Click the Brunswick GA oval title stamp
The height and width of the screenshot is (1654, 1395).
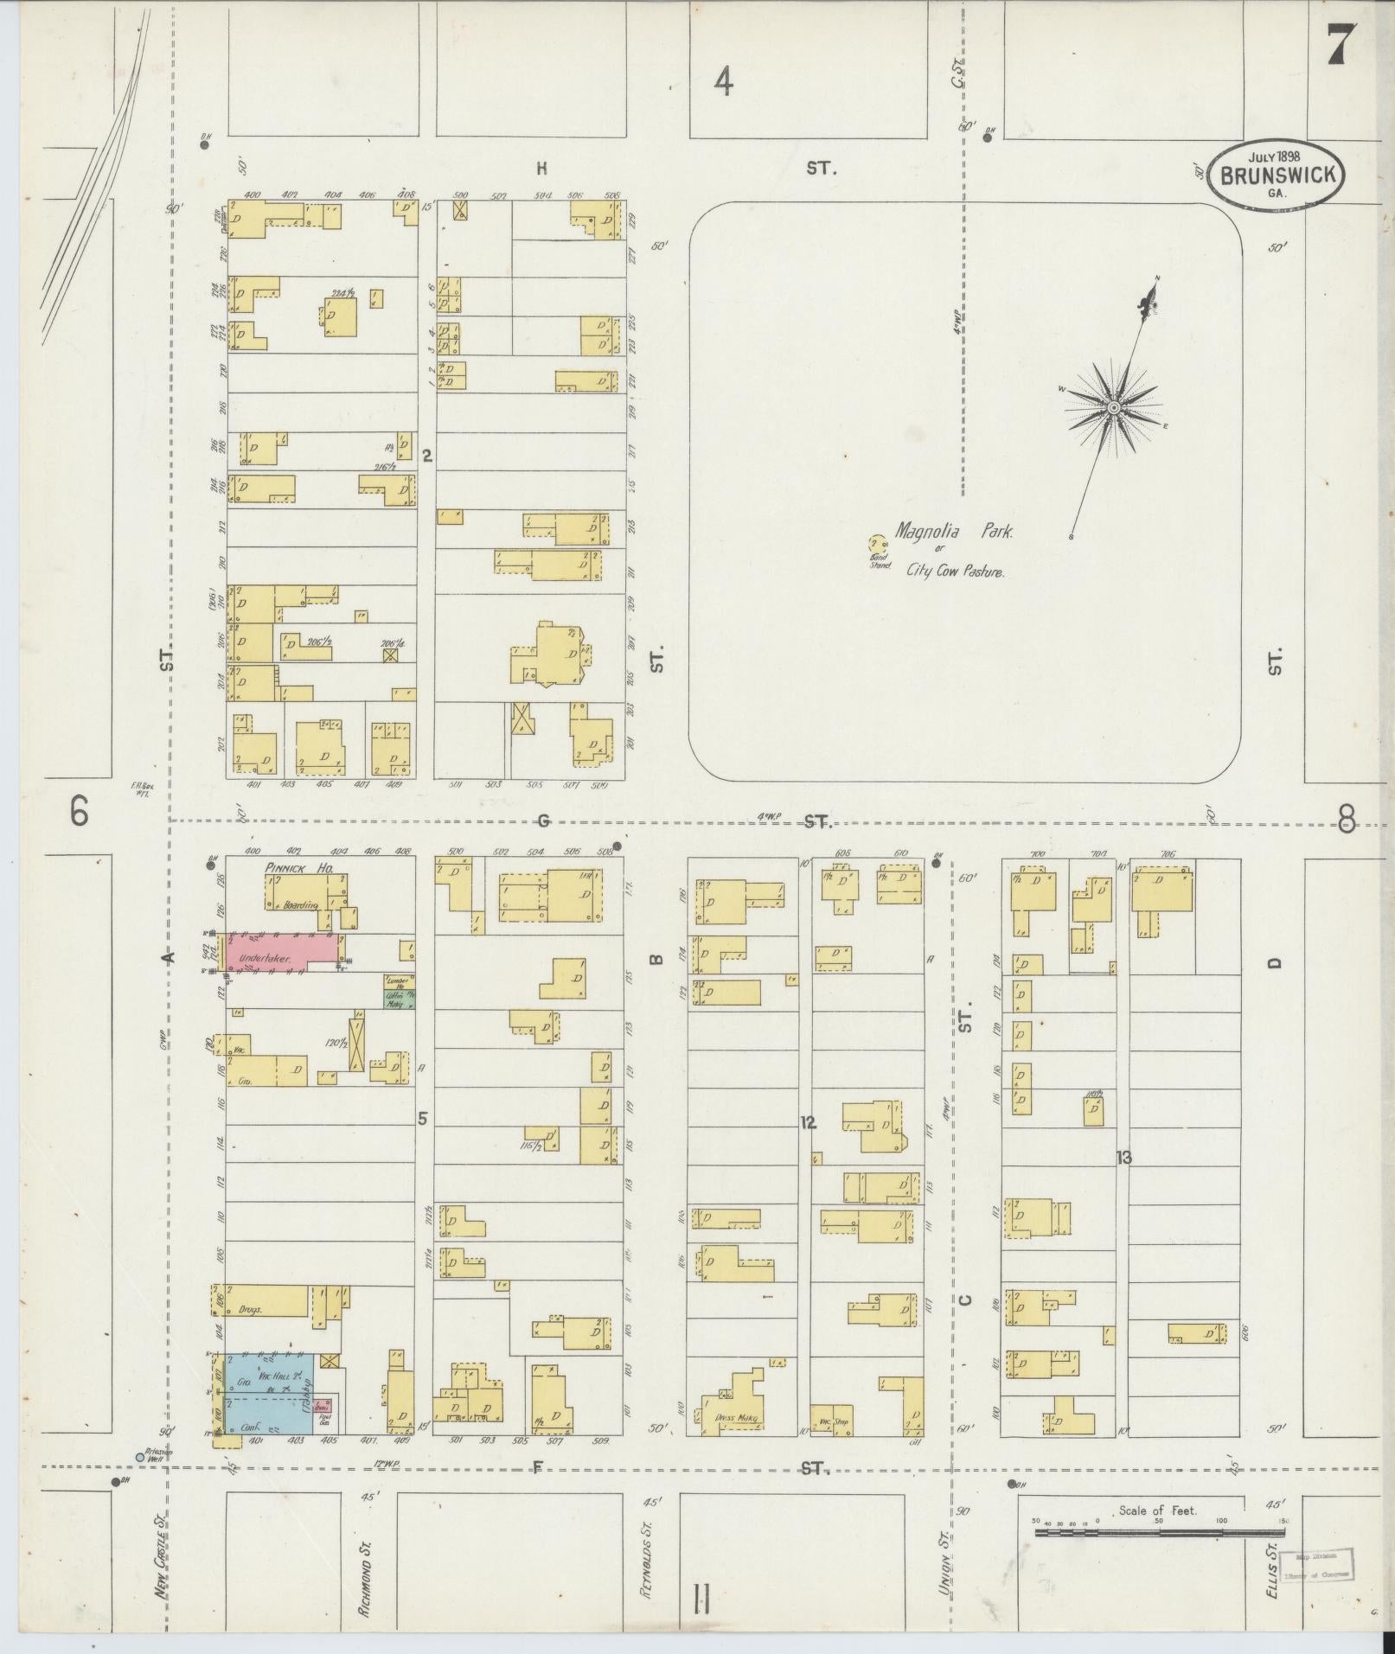tap(1277, 176)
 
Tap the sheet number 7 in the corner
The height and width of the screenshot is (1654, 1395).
tap(1337, 43)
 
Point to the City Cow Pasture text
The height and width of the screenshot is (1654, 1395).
tap(955, 571)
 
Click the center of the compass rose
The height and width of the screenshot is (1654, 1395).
tap(1114, 406)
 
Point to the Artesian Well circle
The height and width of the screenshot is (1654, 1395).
tap(140, 1457)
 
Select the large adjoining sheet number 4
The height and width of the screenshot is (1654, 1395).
tap(723, 82)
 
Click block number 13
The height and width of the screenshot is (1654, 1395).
tap(1123, 1157)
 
